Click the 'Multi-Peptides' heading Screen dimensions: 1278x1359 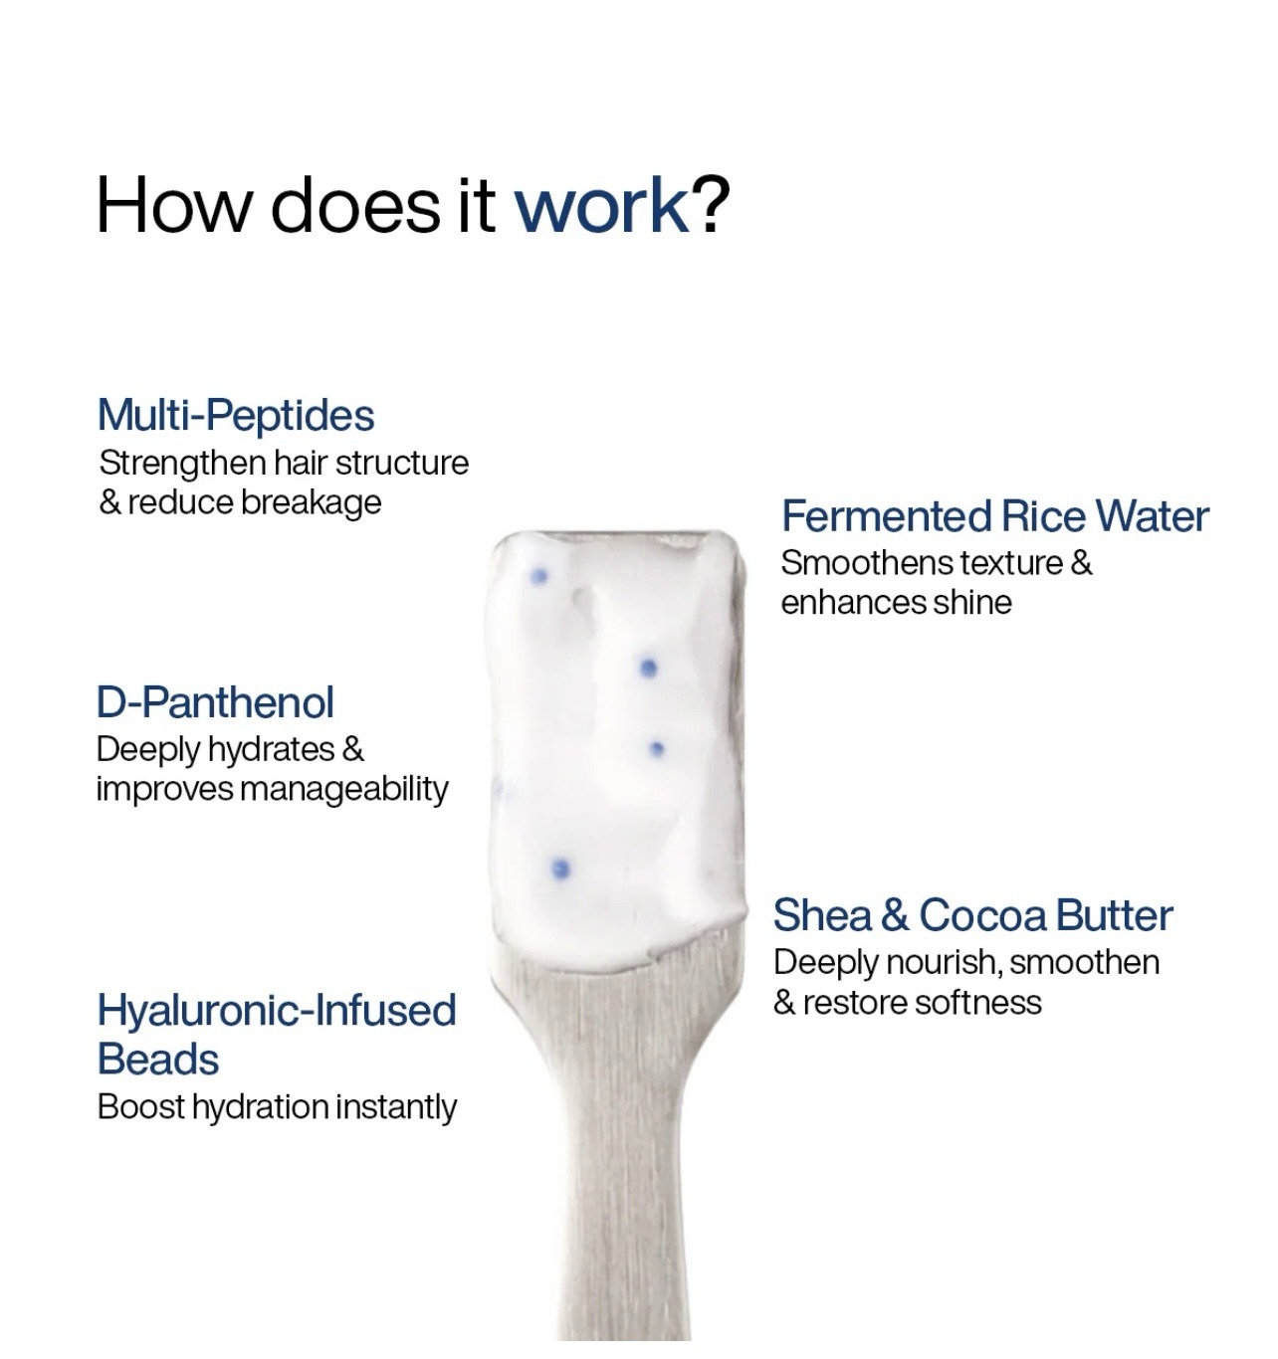(x=236, y=416)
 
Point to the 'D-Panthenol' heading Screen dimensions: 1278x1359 (x=215, y=702)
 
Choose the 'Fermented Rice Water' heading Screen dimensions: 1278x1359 (x=994, y=516)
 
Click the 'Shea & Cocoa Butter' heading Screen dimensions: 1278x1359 (x=972, y=915)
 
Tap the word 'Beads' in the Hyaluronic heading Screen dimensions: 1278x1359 (x=158, y=1060)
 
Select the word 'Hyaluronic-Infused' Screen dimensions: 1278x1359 (x=277, y=1010)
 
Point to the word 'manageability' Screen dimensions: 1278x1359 (x=344, y=790)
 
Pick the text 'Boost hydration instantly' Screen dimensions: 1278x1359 (x=277, y=1107)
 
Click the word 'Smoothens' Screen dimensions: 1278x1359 (x=867, y=563)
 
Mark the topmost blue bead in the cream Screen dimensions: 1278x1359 (x=539, y=576)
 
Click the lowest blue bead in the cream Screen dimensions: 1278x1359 (x=561, y=870)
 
